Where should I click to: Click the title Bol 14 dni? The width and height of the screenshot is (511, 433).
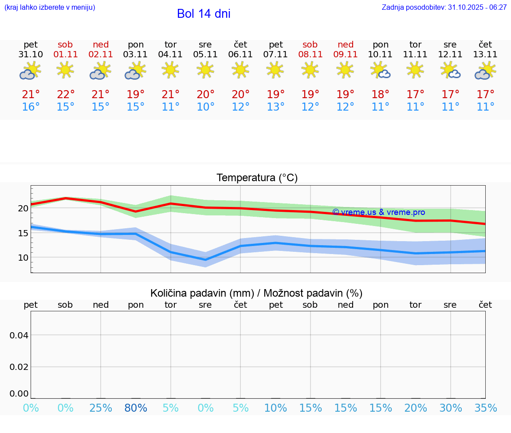tap(204, 14)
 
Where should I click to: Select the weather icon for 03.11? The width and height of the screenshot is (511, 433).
tap(135, 71)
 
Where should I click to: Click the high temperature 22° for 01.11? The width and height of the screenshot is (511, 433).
tap(66, 95)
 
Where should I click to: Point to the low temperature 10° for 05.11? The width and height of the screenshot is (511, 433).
tap(205, 107)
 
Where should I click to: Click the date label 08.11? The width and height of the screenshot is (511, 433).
tap(310, 55)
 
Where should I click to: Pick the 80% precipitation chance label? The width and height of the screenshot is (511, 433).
tap(136, 408)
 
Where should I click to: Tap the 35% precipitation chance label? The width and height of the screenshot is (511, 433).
tap(485, 408)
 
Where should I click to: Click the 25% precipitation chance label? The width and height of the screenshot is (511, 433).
tap(101, 408)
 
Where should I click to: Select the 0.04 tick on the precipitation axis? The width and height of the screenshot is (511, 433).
tap(20, 335)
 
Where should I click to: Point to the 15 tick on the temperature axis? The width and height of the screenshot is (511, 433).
tap(23, 233)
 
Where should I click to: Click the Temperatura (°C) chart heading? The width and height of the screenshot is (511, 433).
tap(257, 178)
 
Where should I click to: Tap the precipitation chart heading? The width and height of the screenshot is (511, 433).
tap(256, 293)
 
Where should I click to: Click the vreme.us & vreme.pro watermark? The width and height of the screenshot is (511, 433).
tap(378, 212)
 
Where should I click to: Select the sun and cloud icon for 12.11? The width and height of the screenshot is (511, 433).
tap(450, 71)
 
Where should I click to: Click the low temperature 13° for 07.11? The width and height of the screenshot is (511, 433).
tap(275, 107)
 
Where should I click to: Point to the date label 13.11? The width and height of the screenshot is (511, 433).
tap(485, 55)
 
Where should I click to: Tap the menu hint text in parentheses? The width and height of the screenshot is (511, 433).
tap(50, 8)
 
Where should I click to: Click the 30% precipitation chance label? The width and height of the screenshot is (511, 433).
tap(451, 408)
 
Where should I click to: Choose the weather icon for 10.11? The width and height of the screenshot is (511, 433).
tap(381, 71)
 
